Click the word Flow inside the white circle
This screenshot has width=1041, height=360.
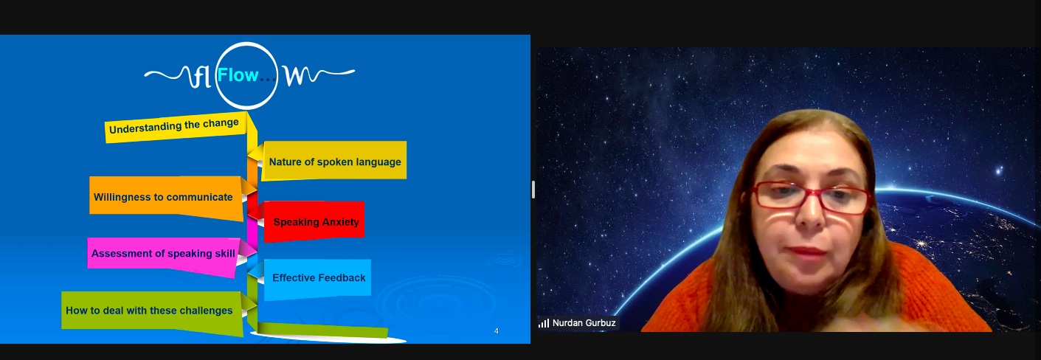[238, 75]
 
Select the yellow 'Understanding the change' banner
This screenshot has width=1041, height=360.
[176, 127]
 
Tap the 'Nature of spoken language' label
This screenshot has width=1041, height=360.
[335, 162]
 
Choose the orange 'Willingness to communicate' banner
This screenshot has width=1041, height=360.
[166, 198]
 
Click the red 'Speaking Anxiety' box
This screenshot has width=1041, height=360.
[314, 221]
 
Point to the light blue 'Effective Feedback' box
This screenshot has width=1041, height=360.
[318, 279]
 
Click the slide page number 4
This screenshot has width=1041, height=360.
[497, 331]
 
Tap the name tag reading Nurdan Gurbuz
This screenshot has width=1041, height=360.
[578, 323]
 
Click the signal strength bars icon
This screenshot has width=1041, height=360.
[544, 323]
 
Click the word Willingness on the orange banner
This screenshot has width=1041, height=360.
[122, 198]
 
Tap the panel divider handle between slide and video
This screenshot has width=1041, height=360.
[533, 190]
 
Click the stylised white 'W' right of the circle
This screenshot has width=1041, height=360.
[298, 76]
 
